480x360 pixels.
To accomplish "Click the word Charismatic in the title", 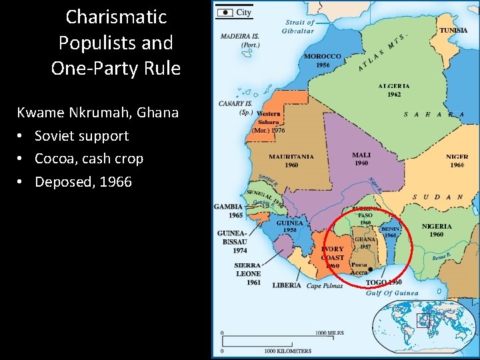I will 116,17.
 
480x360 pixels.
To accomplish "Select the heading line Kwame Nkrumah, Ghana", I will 97,112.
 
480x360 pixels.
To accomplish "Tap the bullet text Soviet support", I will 81,136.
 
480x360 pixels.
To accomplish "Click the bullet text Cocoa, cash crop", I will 89,159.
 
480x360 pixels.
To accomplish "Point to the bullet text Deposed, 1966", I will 83,181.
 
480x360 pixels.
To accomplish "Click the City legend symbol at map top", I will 226,12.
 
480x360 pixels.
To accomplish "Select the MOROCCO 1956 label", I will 323,61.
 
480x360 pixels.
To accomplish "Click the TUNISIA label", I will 453,31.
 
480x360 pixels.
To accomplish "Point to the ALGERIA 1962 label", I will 393,90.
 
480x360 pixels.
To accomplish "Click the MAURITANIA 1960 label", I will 291,161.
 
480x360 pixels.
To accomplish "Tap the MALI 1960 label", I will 361,159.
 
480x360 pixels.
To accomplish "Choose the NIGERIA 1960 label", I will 437,230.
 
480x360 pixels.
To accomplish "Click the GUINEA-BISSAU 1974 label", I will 232,241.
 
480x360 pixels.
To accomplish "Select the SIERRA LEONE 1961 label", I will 247,273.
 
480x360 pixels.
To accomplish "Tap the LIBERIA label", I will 287,285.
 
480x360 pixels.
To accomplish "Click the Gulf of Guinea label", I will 392,293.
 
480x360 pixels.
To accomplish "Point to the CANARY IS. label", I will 235,107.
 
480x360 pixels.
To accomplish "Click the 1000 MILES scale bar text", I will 330,332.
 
